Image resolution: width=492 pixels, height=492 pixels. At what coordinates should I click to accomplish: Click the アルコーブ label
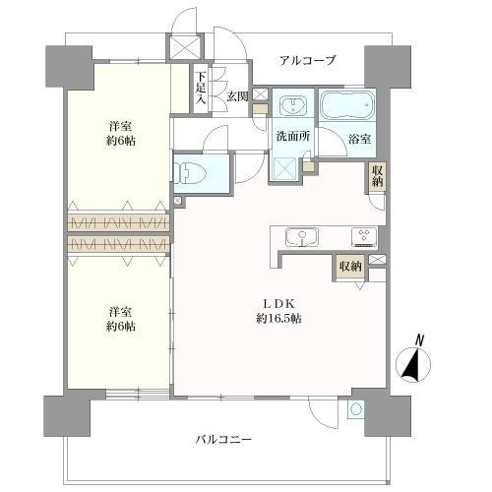point(307,60)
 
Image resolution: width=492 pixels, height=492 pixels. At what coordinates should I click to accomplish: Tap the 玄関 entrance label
point(237,96)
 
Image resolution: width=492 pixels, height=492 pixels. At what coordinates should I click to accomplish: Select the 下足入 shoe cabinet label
point(201,87)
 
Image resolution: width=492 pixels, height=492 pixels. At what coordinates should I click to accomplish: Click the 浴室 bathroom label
point(359,139)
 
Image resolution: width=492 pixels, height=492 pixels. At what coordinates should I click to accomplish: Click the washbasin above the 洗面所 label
point(292,105)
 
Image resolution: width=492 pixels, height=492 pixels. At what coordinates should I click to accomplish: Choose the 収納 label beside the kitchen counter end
point(378,178)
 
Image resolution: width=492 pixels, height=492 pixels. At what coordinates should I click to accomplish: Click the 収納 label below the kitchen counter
point(350,266)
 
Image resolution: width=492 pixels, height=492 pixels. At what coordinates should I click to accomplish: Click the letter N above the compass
point(420,340)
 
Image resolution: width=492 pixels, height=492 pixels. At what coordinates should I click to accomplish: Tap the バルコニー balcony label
point(222,439)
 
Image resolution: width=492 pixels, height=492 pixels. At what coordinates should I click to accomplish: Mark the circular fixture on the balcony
point(356,406)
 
